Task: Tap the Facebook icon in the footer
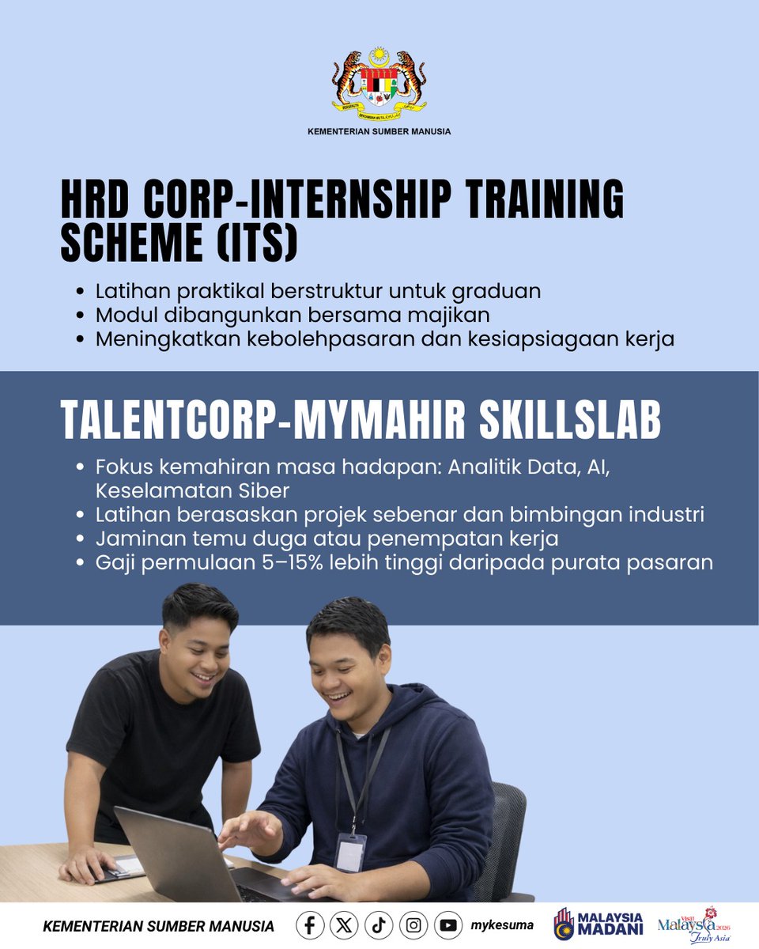(309, 925)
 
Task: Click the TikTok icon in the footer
(379, 925)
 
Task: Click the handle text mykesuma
(501, 925)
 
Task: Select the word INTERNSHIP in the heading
(354, 202)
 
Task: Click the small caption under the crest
(379, 131)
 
